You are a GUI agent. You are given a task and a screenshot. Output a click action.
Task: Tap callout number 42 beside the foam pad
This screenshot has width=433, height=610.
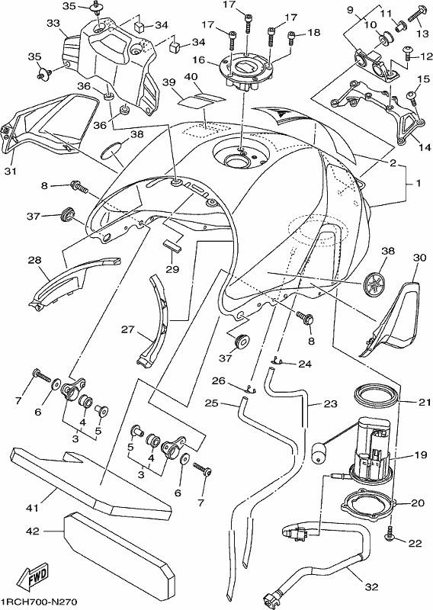pos(33,531)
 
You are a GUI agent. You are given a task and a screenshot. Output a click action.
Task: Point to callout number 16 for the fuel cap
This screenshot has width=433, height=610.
pos(198,60)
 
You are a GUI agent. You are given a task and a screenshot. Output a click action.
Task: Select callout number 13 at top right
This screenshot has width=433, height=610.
pos(422,34)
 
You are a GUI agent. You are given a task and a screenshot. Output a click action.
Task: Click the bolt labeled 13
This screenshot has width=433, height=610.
pos(417,13)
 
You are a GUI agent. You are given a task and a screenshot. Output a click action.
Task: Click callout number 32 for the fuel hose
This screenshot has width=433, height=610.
pos(372,586)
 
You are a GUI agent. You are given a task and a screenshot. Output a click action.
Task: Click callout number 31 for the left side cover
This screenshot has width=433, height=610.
pos(11,170)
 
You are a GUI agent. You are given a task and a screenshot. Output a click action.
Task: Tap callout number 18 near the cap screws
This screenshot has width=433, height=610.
pos(313,33)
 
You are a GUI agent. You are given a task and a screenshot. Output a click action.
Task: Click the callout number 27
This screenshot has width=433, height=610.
pos(127,330)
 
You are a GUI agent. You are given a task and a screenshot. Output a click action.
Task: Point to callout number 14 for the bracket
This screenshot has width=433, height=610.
pos(425,147)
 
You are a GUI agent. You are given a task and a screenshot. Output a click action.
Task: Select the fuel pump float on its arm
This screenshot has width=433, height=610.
pos(320,452)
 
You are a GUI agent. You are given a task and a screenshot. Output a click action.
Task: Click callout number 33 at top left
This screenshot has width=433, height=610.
pos(53,24)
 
